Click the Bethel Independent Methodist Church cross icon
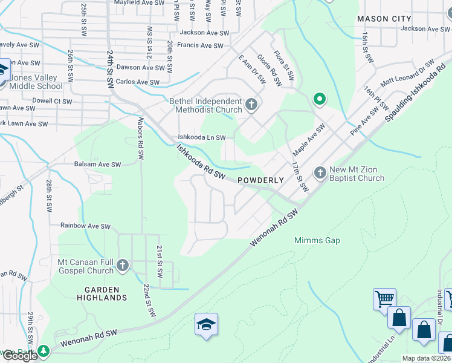tap(252, 106)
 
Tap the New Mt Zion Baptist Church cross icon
tap(320, 174)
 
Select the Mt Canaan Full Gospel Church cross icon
tap(123, 265)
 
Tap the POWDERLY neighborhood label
tap(260, 180)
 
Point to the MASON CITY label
tap(384, 19)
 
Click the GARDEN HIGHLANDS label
tap(102, 293)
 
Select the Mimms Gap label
tap(317, 240)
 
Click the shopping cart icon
tap(384, 298)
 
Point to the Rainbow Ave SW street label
tap(85, 226)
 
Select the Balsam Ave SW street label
tap(97, 164)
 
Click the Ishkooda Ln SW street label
tap(201, 137)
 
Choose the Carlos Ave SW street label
tap(138, 82)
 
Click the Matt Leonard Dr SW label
tap(407, 74)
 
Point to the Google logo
tap(20, 356)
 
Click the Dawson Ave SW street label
tap(137, 68)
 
